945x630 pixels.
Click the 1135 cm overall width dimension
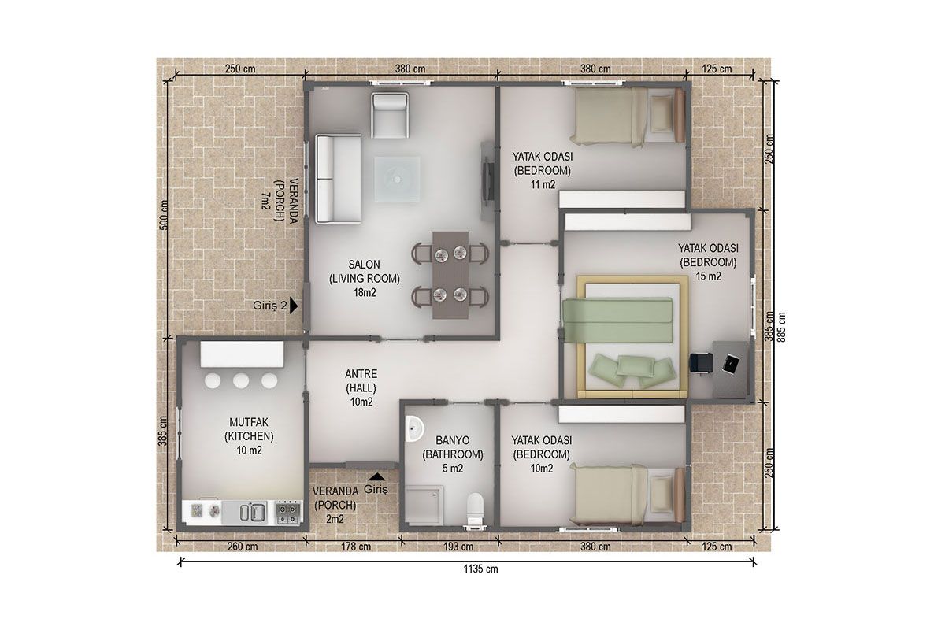click(480, 569)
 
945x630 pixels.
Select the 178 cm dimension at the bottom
click(356, 547)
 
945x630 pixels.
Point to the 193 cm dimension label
click(458, 547)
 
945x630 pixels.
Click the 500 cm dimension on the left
click(164, 215)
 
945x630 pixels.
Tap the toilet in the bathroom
click(476, 510)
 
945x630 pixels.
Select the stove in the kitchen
click(288, 513)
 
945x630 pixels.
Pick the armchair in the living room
click(390, 115)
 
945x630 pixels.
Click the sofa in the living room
click(338, 178)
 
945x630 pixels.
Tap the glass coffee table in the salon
click(397, 180)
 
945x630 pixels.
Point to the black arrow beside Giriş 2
click(294, 306)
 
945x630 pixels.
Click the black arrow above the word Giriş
click(376, 476)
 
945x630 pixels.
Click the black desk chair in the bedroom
click(700, 363)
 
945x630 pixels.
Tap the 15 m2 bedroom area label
click(708, 276)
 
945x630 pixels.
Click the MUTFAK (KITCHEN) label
click(249, 429)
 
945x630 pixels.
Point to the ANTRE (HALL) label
click(361, 380)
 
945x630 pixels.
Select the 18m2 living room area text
click(365, 292)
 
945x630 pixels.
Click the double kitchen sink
click(252, 513)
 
